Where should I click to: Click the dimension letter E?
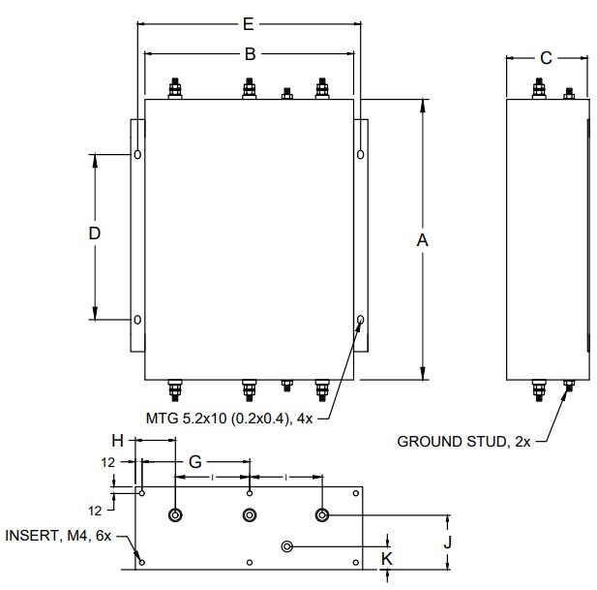(x=249, y=24)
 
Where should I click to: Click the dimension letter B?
(x=250, y=54)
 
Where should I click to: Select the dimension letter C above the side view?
(x=546, y=58)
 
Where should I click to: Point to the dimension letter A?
(x=423, y=240)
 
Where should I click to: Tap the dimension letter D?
(x=95, y=233)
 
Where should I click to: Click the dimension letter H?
(x=118, y=441)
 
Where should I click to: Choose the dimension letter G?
(x=195, y=462)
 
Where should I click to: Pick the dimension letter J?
(x=448, y=542)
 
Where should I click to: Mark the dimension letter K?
(x=387, y=559)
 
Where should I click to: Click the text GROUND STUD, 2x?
(x=463, y=442)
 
